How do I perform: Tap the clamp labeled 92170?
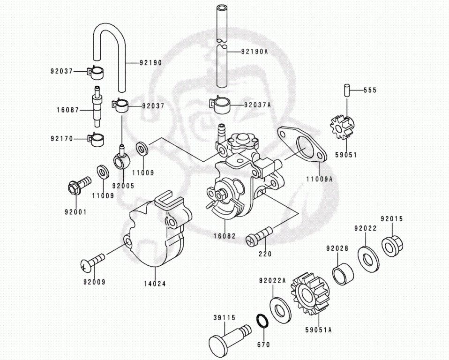[x=96, y=138]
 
